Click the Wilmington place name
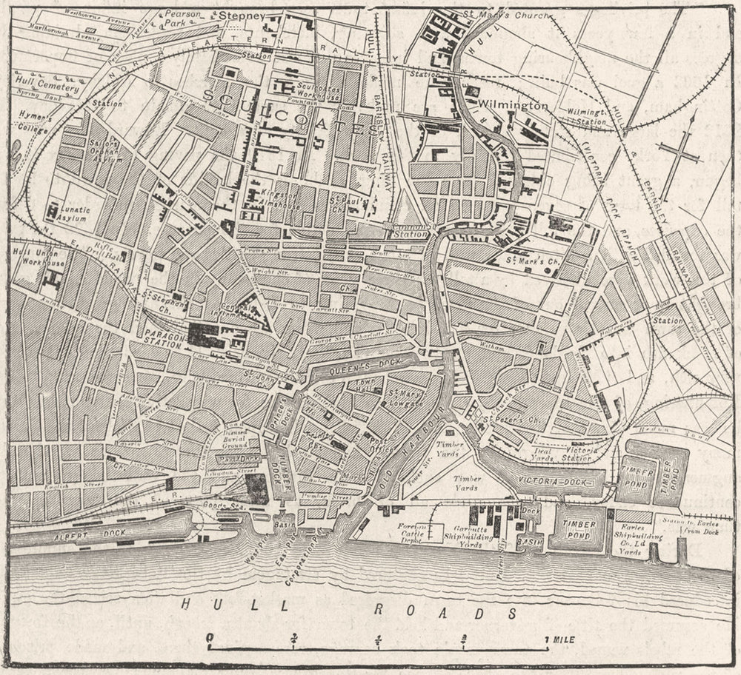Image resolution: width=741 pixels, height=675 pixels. pyautogui.click(x=513, y=106)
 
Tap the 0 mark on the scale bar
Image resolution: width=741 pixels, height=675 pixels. pyautogui.click(x=210, y=637)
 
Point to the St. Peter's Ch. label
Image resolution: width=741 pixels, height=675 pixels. pyautogui.click(x=506, y=420)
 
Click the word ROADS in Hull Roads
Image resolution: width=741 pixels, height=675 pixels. pyautogui.click(x=444, y=612)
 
